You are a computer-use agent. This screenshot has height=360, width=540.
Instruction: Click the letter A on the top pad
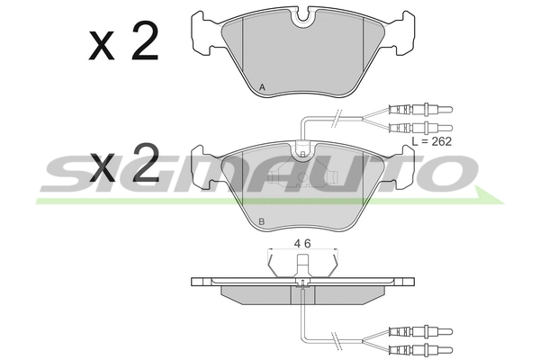coord(262,87)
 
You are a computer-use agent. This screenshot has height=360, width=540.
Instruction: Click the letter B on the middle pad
coord(261,222)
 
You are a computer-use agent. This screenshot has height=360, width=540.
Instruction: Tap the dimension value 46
coord(302,244)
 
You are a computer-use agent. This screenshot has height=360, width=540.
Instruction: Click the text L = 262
coord(432,141)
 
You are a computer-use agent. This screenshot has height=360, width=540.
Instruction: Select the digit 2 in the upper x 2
coord(145,40)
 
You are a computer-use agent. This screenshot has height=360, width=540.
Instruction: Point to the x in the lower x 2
coord(101,167)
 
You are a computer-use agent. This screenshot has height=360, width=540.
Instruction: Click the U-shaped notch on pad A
coord(302,19)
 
